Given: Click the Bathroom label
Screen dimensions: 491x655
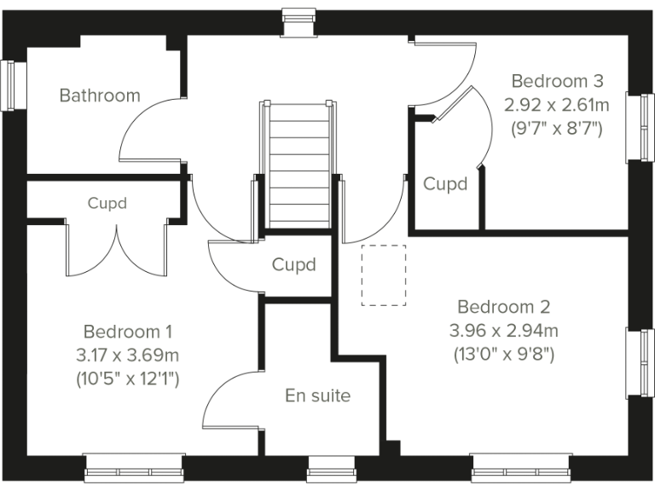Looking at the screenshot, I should tap(99, 95).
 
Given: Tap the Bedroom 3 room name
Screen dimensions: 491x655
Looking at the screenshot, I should tap(558, 81).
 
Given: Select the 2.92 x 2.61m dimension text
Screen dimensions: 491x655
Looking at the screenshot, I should tap(558, 106).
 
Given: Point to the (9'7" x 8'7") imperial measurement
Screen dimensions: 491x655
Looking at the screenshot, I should tap(558, 130).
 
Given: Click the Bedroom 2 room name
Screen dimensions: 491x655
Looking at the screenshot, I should tap(503, 307).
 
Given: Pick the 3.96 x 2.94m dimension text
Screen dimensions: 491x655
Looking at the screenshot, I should tap(503, 331).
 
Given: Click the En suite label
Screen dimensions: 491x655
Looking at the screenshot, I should tap(317, 396).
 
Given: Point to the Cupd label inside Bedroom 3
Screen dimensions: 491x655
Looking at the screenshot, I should tap(445, 183).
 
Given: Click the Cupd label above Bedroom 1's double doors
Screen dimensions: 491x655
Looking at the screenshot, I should tap(107, 204).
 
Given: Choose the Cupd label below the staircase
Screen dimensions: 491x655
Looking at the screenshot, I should tap(293, 265).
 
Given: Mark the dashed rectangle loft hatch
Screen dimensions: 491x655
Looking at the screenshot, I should tap(384, 274).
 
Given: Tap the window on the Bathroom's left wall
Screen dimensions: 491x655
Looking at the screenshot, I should tap(11, 84).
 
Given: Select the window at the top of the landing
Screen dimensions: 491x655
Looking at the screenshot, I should tap(298, 21).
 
